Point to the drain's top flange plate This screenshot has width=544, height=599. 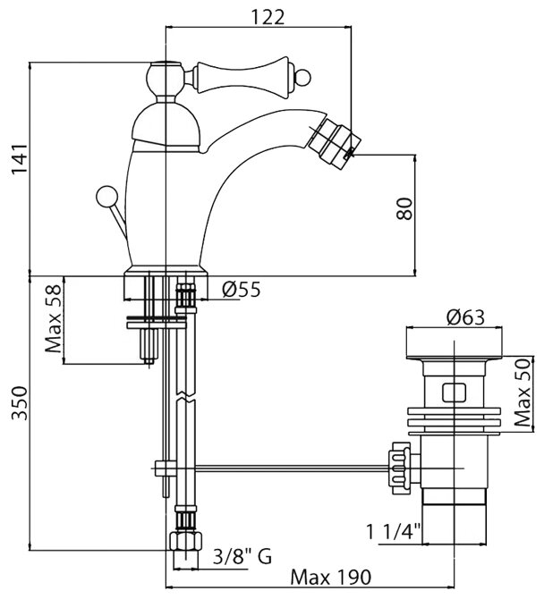(456, 342)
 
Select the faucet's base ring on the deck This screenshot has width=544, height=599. (166, 270)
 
